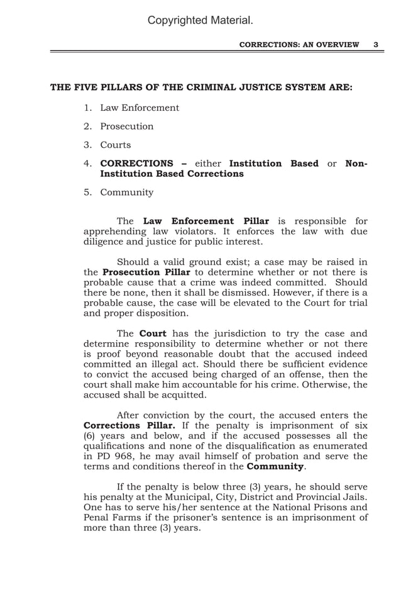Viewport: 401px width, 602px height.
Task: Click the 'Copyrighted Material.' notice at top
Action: pos(200,21)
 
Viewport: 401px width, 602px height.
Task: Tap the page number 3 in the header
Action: pos(375,45)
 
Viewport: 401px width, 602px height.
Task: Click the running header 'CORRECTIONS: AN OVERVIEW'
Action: pos(299,45)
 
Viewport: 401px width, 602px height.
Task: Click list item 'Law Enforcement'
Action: pos(140,108)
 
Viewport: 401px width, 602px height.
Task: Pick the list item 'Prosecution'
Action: pos(127,126)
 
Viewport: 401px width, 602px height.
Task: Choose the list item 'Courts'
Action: pos(116,145)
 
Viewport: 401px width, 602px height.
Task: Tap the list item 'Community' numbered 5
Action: pos(127,192)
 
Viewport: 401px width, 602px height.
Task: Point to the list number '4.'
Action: pos(89,164)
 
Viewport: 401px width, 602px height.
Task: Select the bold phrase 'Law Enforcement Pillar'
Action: pos(206,221)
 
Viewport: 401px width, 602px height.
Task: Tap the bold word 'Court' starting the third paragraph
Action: pos(153,333)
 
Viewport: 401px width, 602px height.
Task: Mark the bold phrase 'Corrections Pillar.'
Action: pos(129,426)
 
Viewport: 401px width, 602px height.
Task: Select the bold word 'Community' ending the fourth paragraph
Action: pos(275,466)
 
